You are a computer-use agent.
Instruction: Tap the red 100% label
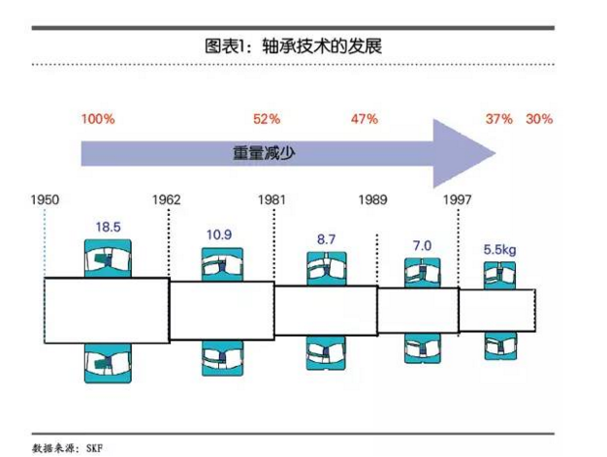98,119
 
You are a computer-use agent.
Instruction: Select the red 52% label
267,119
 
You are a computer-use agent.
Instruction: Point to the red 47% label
364,119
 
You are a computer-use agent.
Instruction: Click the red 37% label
498,119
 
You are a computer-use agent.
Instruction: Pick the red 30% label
539,119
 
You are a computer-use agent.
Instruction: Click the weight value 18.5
108,227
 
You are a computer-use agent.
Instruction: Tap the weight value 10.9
219,234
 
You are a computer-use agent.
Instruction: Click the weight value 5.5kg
499,249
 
